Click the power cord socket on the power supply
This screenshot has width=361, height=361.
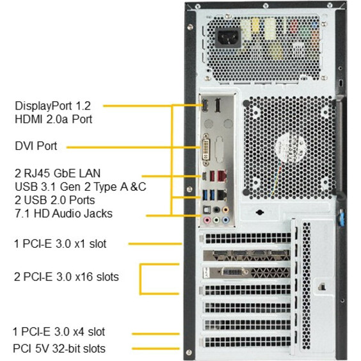[x=228, y=38]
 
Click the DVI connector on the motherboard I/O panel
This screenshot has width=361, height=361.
[x=205, y=150]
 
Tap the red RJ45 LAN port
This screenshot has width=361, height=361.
[x=221, y=176]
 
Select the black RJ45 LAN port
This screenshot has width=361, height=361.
[x=221, y=195]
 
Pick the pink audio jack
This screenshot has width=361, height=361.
[x=207, y=220]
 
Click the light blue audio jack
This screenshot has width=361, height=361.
[x=225, y=220]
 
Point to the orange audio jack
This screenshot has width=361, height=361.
[x=225, y=210]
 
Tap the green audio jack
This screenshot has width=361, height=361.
[x=216, y=220]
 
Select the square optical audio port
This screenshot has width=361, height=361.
[x=207, y=210]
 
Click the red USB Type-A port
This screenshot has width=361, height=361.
[x=212, y=176]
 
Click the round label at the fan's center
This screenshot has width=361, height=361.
[x=291, y=147]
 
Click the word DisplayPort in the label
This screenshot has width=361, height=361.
[x=44, y=106]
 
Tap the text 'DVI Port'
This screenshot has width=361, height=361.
[x=36, y=146]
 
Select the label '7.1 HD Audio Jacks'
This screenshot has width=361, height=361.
[x=64, y=213]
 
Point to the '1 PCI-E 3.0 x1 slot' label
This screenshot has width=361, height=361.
[x=60, y=244]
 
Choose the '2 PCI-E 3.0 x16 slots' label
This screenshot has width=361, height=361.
[x=67, y=277]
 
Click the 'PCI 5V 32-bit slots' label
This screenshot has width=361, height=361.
[x=59, y=348]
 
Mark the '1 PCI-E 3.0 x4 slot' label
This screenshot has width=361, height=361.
[x=59, y=332]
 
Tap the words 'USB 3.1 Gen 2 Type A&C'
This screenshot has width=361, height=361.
[x=81, y=186]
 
